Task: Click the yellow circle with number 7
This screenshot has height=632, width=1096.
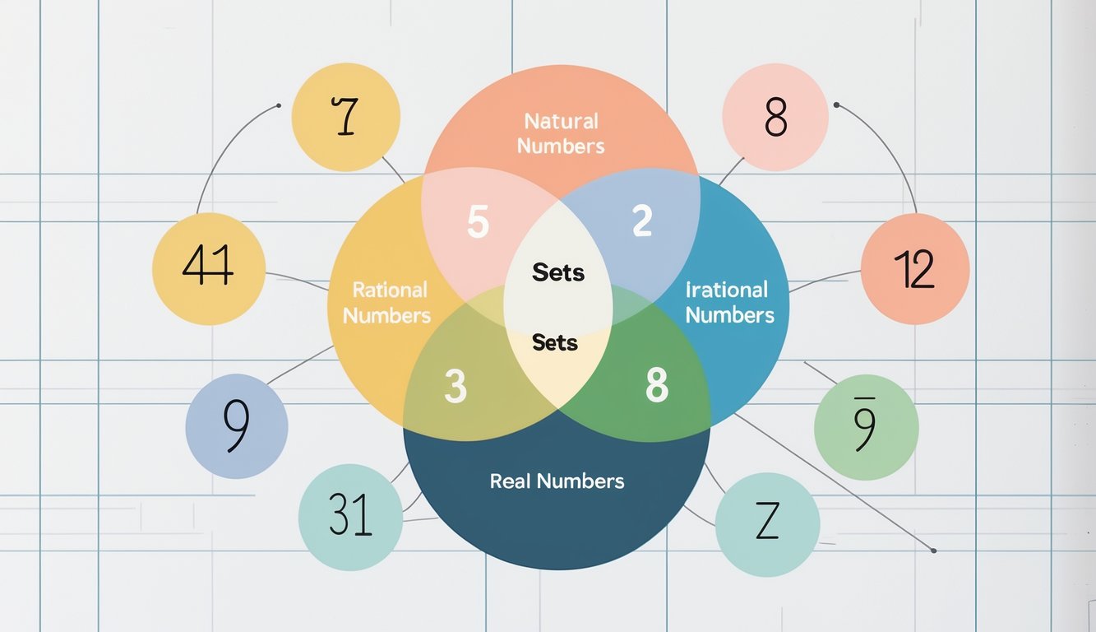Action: click(x=346, y=116)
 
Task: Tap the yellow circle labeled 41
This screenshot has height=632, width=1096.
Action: click(x=209, y=269)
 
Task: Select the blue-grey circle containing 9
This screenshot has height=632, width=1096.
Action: click(x=237, y=426)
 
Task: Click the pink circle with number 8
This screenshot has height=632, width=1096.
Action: click(x=775, y=116)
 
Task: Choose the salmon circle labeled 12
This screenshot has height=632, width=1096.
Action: click(x=914, y=269)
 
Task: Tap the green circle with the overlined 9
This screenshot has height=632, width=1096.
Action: click(x=866, y=426)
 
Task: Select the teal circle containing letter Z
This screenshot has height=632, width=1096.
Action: click(x=767, y=523)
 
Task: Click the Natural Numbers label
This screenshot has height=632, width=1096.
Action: click(x=561, y=133)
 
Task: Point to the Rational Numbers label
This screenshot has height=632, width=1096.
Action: click(x=387, y=302)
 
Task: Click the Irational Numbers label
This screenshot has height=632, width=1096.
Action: click(x=729, y=302)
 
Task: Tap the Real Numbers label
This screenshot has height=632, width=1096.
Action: click(x=557, y=481)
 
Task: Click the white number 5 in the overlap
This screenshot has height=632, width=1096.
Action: click(x=478, y=222)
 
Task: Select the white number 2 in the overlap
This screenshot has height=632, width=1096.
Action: click(x=642, y=221)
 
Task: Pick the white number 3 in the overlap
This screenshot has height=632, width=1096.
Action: click(x=455, y=387)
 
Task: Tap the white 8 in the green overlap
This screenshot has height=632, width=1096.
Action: click(x=656, y=385)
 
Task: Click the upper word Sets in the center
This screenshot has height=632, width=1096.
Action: click(x=558, y=272)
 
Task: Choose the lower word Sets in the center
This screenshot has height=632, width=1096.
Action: click(x=555, y=342)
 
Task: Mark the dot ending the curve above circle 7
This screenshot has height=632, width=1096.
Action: click(x=279, y=105)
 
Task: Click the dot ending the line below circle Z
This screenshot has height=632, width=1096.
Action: click(x=934, y=550)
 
